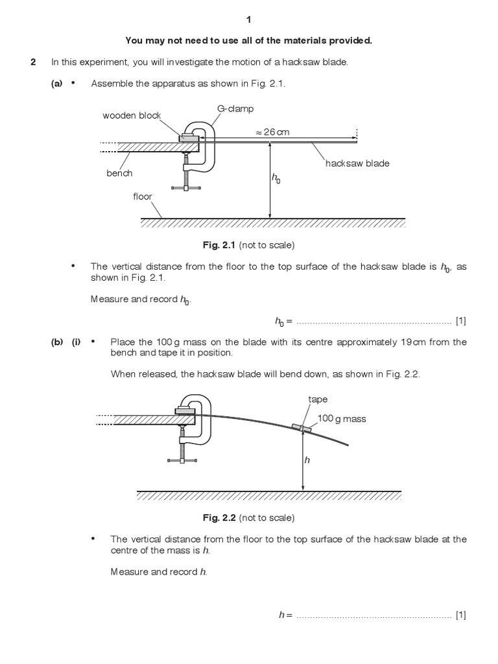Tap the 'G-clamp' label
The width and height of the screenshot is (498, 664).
click(x=235, y=109)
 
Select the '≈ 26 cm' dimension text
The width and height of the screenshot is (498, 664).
click(x=272, y=132)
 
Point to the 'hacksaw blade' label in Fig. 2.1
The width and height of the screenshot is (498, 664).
click(x=357, y=163)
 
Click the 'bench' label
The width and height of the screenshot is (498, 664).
click(x=119, y=173)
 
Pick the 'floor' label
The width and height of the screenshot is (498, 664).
click(x=143, y=196)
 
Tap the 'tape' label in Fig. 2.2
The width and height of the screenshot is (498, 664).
click(x=318, y=400)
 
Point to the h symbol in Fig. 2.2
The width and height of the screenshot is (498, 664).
click(x=308, y=459)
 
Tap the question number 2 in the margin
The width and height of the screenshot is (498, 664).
click(x=32, y=62)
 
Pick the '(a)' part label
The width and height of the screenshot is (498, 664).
click(x=58, y=84)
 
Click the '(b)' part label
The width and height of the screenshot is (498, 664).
click(x=57, y=342)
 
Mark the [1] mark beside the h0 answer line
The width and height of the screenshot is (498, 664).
click(x=461, y=320)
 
